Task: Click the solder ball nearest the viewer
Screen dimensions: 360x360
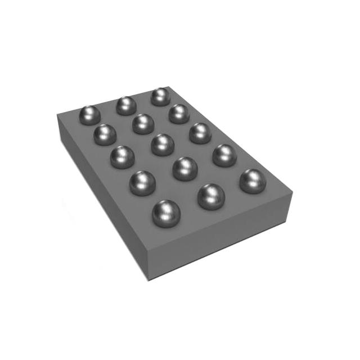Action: [164, 213]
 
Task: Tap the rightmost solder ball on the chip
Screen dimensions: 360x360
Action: [253, 181]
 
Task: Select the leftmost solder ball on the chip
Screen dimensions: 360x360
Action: [89, 115]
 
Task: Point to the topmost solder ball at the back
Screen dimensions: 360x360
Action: [160, 96]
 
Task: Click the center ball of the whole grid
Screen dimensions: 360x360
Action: [163, 144]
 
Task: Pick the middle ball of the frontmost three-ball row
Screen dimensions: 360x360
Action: [211, 196]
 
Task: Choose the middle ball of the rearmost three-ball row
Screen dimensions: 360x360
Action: [126, 105]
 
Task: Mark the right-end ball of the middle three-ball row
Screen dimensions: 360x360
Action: [200, 133]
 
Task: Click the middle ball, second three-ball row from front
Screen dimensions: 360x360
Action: [185, 168]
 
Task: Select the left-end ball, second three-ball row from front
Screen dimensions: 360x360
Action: [142, 183]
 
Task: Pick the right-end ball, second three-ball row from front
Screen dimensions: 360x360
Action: [224, 155]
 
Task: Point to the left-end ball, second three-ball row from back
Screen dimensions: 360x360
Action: [105, 134]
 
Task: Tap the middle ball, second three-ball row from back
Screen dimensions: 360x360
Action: [143, 124]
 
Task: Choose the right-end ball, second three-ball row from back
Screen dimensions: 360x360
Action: [179, 114]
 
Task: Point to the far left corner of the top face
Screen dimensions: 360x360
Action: [58, 115]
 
